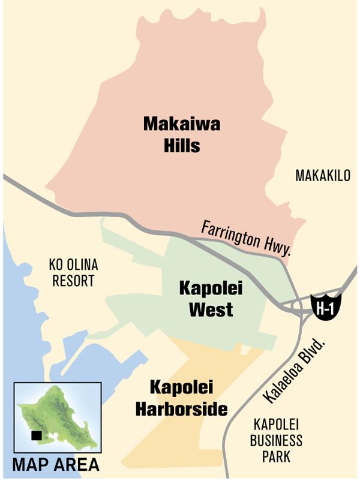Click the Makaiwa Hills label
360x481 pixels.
point(181,134)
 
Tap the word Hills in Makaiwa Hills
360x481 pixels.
point(181,145)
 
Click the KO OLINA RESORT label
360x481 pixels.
point(73,272)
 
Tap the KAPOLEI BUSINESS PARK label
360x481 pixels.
point(276,441)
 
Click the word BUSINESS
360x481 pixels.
point(276,441)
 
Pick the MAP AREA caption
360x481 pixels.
point(56,465)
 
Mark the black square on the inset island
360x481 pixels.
point(37,436)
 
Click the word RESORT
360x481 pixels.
point(73,280)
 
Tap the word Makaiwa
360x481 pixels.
point(181,124)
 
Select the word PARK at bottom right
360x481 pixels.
point(276,456)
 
